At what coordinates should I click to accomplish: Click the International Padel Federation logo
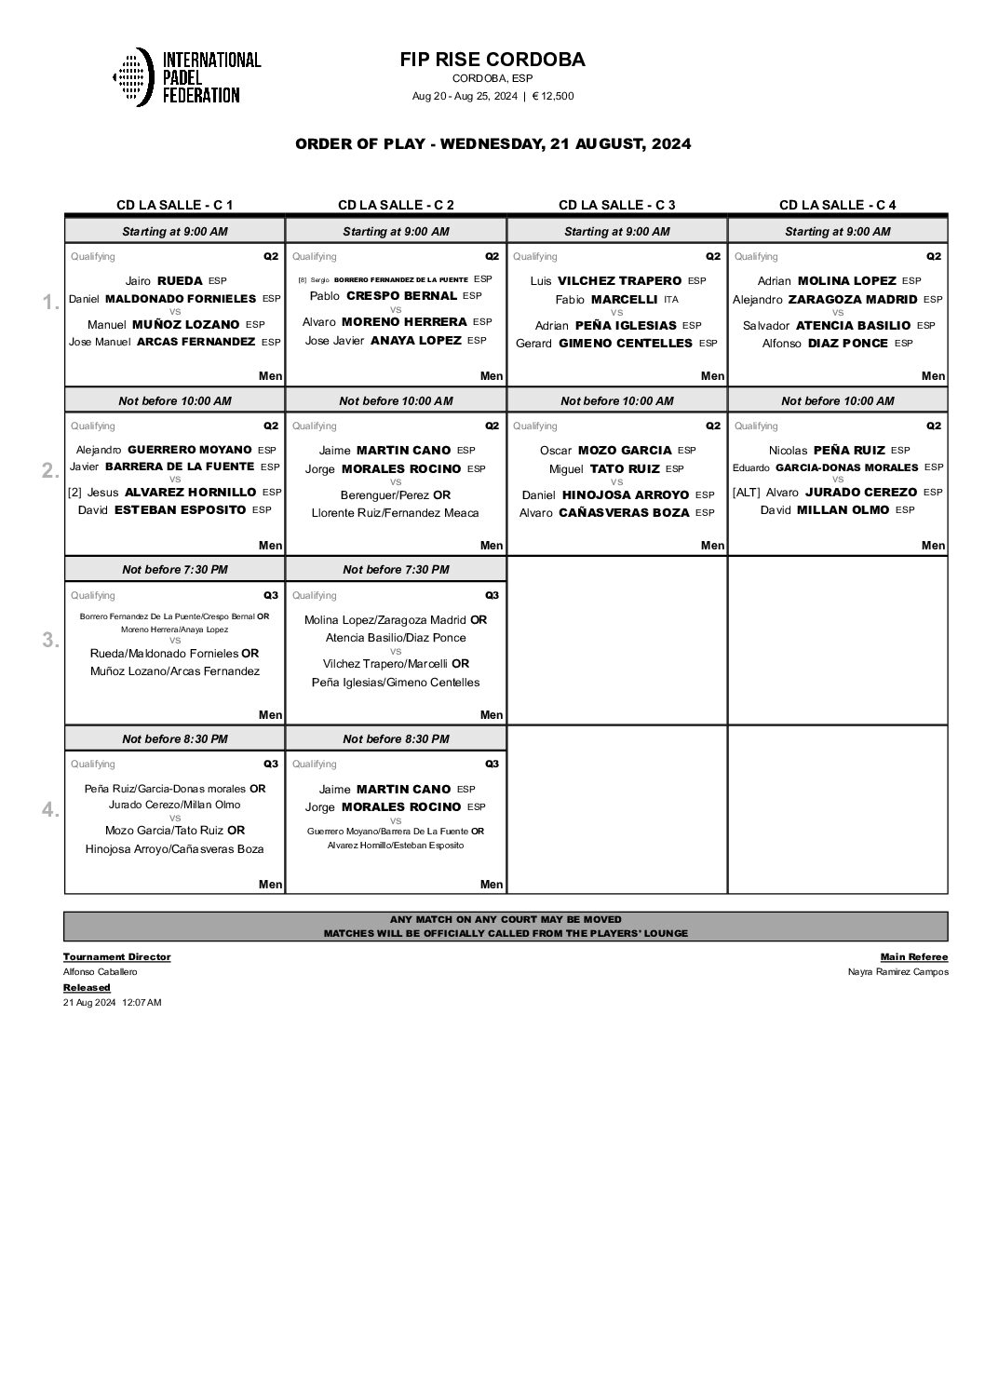click(186, 76)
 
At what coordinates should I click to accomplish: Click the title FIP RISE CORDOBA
click(492, 60)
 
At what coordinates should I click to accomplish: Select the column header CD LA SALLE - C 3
click(616, 205)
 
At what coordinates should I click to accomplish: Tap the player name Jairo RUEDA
click(163, 280)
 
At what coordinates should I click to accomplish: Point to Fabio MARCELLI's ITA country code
click(671, 300)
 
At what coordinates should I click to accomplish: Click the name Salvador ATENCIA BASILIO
click(826, 325)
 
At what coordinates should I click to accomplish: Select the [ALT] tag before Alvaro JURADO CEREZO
click(747, 492)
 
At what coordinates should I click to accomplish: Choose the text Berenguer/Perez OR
click(396, 494)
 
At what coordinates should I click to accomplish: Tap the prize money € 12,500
click(553, 96)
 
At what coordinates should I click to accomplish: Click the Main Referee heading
click(914, 956)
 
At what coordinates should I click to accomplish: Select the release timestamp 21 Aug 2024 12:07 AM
click(113, 1003)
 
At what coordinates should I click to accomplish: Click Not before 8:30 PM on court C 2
click(396, 738)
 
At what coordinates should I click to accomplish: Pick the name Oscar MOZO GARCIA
click(606, 450)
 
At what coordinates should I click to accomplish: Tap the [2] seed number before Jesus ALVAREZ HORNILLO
click(75, 492)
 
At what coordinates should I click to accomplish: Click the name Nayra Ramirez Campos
click(898, 972)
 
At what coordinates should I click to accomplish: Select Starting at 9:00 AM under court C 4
click(837, 231)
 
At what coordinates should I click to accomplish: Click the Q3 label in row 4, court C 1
click(270, 764)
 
